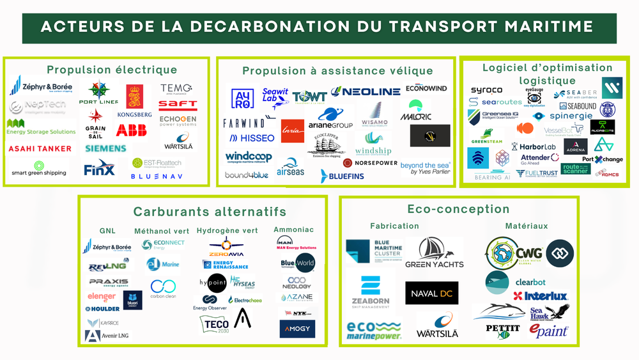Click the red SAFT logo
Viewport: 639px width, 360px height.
[178, 104]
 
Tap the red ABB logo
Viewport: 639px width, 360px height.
[131, 130]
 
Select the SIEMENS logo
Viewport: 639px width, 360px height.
[105, 148]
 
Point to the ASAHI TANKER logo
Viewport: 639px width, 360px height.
[40, 149]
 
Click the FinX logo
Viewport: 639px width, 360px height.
[99, 168]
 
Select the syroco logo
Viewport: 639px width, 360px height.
[486, 90]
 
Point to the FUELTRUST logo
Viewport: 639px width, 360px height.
[537, 173]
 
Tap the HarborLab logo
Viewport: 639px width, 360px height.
[537, 146]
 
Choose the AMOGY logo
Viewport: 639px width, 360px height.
[297, 329]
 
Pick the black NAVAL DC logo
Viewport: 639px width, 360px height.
[432, 293]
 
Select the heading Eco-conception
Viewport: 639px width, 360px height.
[458, 209]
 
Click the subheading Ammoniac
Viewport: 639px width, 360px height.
[293, 230]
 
